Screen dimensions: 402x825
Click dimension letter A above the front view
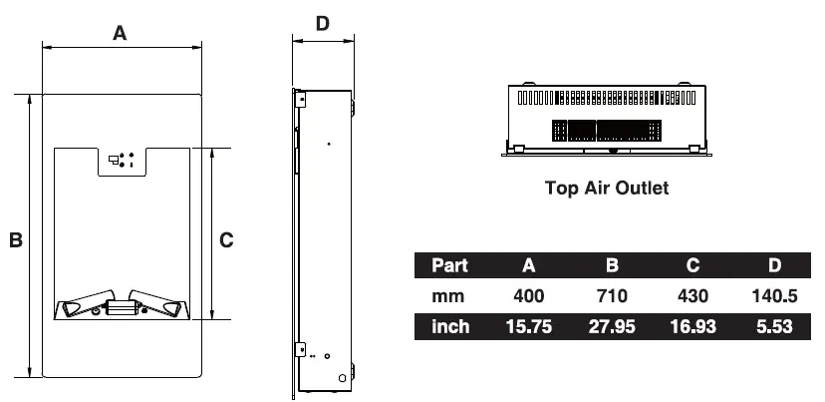(121, 33)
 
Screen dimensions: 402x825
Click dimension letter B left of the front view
(16, 240)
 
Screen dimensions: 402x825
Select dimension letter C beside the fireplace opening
(226, 239)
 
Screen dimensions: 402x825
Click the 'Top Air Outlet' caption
(607, 188)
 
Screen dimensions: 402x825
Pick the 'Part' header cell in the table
(450, 265)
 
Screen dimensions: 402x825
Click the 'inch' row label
(450, 327)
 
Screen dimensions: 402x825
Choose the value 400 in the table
(529, 296)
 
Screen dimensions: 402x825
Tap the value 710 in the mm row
(612, 296)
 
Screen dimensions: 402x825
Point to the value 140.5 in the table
(773, 296)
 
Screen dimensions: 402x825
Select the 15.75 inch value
(529, 327)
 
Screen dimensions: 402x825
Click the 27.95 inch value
(612, 327)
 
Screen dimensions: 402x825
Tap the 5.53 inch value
(773, 327)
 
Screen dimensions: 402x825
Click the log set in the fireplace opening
(121, 305)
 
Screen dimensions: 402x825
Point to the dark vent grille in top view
(607, 130)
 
